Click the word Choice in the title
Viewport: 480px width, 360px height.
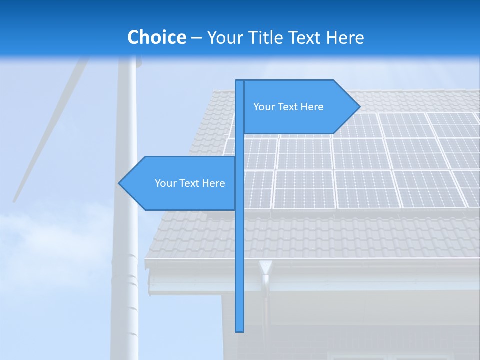156,37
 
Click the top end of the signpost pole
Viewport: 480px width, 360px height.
240,81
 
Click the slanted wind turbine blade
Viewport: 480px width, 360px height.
50,130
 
